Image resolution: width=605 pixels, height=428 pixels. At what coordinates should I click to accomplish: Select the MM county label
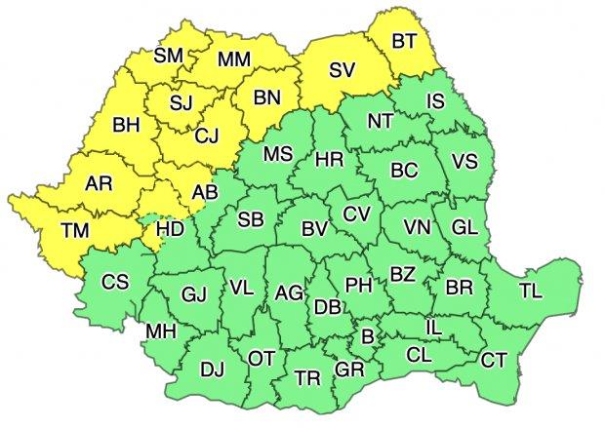coord(234,59)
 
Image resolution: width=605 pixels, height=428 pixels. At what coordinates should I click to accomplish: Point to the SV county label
coord(343,70)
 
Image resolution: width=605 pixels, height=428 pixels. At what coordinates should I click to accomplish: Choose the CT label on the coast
coord(494,361)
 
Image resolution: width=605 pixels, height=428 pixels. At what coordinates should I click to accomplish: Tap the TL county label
coord(533,291)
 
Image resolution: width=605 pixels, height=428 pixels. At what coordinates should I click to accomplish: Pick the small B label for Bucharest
coord(368,337)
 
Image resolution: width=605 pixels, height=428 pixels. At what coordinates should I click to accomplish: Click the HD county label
coord(171,231)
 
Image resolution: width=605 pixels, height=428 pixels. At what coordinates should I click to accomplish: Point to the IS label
coord(436,100)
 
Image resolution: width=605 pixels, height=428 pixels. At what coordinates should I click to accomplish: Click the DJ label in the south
coord(211,370)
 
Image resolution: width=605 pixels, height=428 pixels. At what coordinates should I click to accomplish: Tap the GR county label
coord(348,370)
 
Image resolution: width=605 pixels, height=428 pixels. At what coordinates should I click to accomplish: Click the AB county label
coord(205,193)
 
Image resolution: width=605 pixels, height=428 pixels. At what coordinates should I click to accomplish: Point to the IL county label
coord(434,328)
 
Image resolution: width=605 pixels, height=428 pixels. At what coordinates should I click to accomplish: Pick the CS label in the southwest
coord(116,282)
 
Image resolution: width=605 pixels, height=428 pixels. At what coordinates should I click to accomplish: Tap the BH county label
coord(127,125)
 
